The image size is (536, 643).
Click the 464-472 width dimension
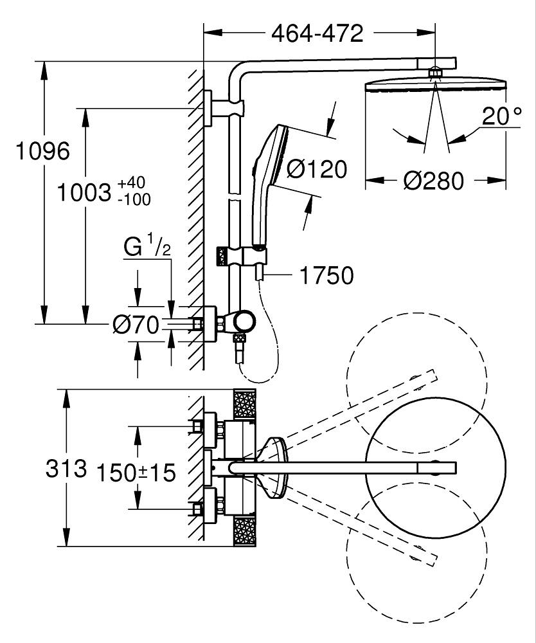[317, 33]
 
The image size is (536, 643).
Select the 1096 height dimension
[43, 150]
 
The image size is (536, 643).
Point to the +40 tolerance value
[131, 182]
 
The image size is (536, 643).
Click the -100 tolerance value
[134, 199]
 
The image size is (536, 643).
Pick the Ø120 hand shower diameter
[317, 168]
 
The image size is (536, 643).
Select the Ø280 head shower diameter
[434, 181]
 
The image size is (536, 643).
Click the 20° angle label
[502, 116]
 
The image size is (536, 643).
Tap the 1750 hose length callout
[327, 275]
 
